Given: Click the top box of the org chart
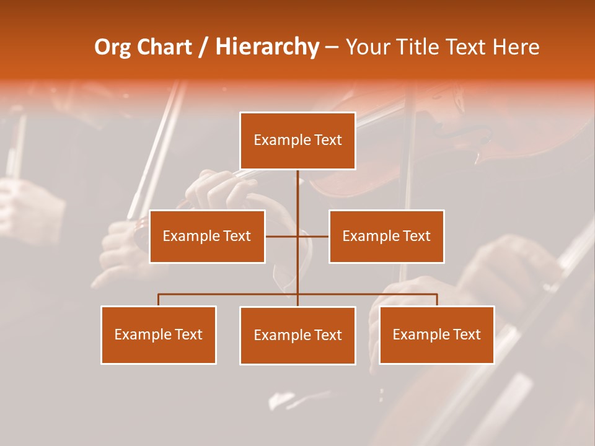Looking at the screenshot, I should pos(297,141).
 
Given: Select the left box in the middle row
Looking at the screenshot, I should pos(207,236).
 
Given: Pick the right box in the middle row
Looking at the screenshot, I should pos(386,236).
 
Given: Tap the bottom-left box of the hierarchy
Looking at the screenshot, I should pos(159,334).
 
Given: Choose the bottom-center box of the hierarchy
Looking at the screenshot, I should pos(297,335).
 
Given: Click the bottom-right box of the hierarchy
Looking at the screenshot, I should pos(436,334).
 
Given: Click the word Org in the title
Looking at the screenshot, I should pos(112,47).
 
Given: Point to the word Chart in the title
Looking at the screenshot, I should pos(164,47).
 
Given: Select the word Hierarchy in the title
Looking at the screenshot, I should pos(267,47).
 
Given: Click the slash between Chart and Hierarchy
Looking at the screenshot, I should pos(203,47).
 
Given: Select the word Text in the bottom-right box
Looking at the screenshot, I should pos(467,334).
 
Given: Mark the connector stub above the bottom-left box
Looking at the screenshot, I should pos(159,300).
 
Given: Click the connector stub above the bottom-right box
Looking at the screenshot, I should pos(436,300).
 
